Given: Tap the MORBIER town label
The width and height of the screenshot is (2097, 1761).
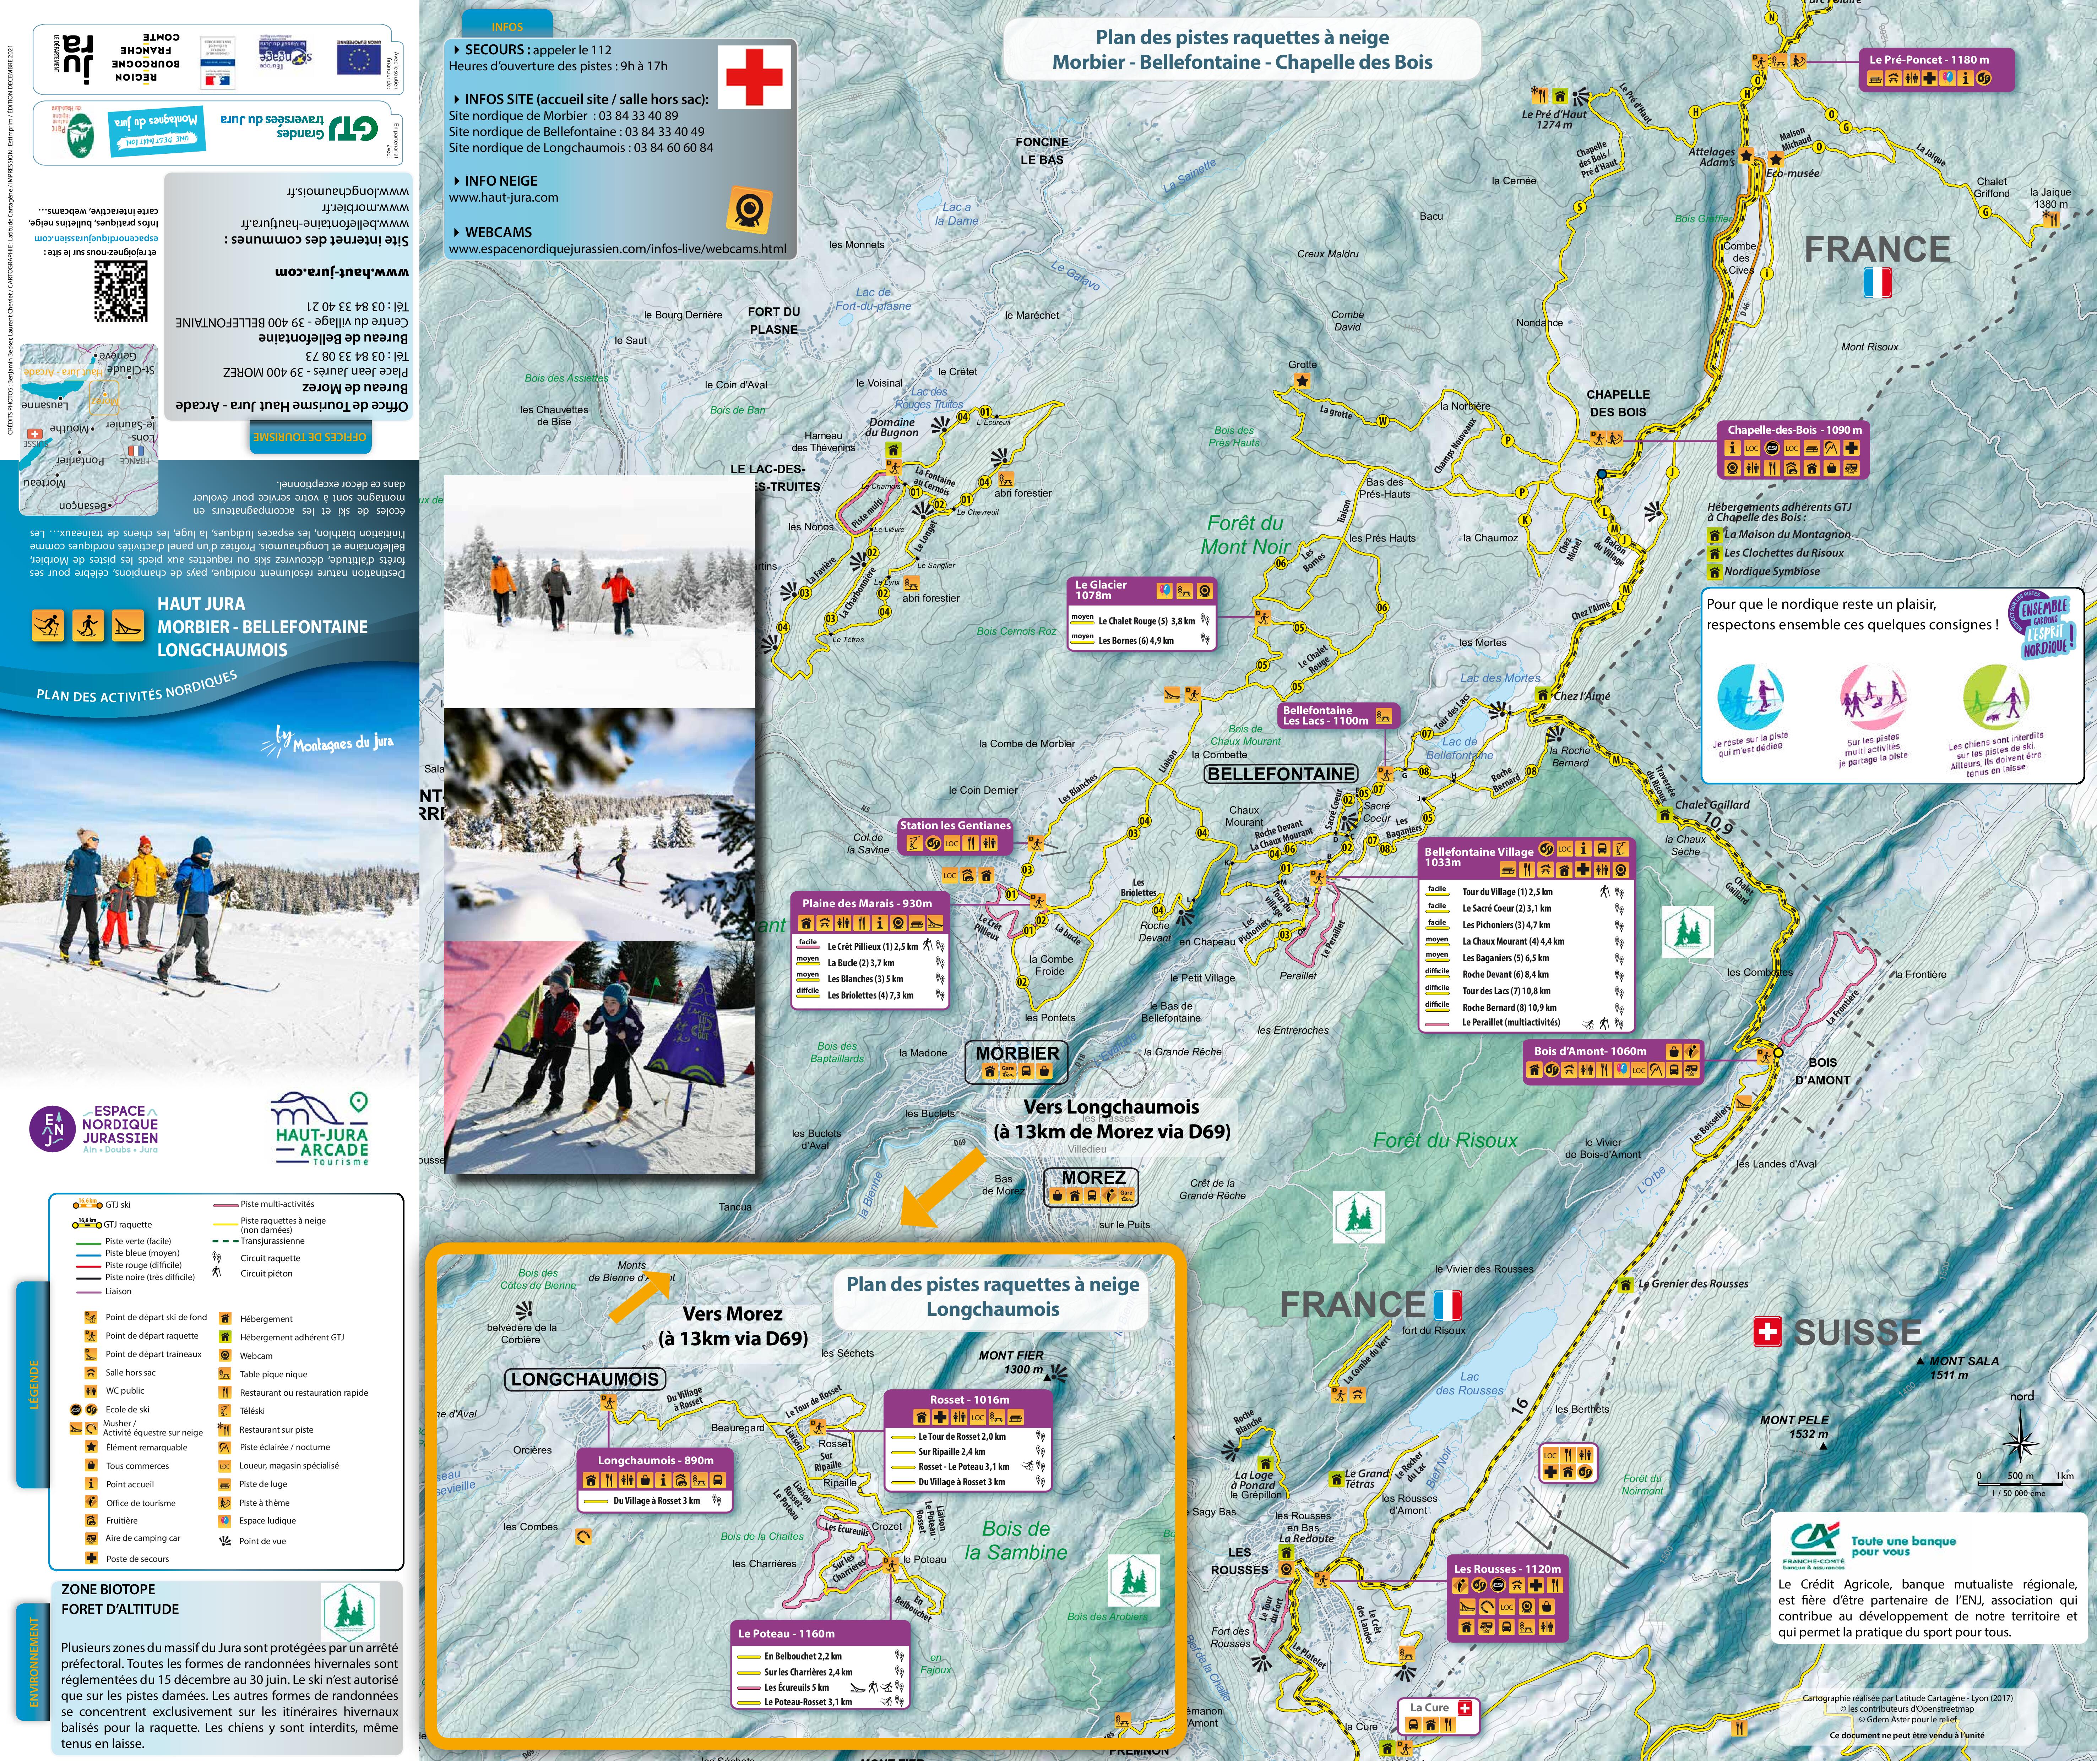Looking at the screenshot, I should coord(1017,1053).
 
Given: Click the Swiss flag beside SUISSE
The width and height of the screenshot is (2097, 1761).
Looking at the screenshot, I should coord(1767,1331).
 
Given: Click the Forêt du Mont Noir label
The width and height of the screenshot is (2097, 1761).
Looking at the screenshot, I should coord(1245,535).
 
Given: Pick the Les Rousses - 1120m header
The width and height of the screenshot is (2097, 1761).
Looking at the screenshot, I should coord(1507,1569).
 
